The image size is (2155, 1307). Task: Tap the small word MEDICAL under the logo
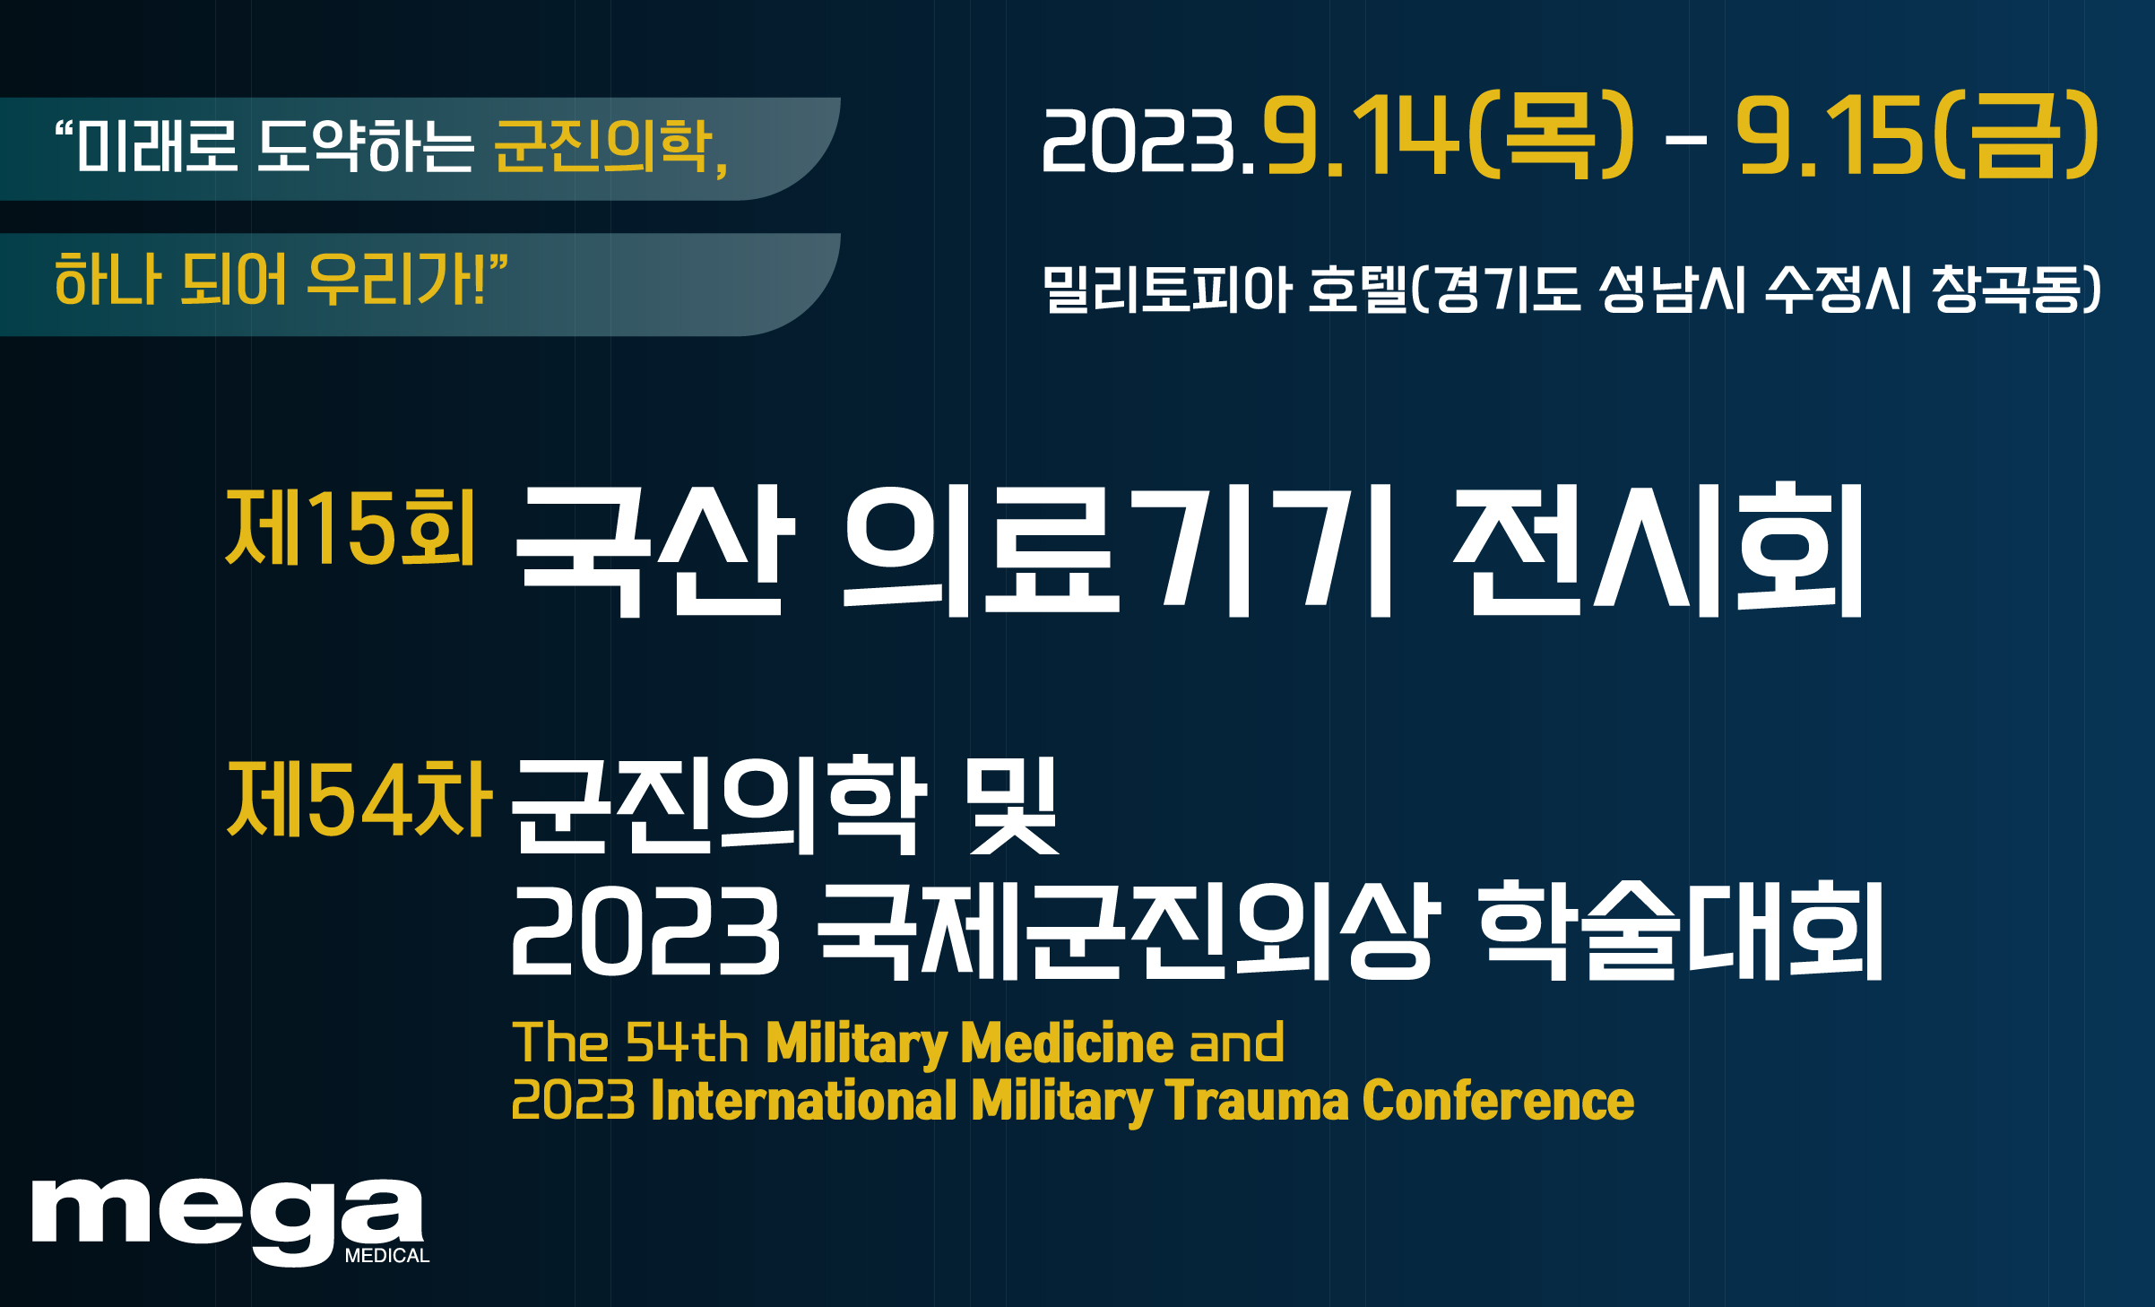(x=387, y=1256)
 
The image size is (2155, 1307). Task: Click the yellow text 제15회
(x=350, y=529)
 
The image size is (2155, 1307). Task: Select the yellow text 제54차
(x=359, y=799)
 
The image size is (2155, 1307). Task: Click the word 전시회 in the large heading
(x=1659, y=549)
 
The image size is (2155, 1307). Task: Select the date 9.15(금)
(x=1917, y=135)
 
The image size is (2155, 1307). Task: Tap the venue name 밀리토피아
(x=1167, y=289)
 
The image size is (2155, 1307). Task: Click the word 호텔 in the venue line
(x=1358, y=289)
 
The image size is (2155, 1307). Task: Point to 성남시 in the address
(x=1673, y=289)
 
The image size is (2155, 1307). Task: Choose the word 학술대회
(x=1681, y=930)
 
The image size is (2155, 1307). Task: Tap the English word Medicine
(x=1067, y=1043)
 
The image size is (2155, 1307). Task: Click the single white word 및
(x=1013, y=805)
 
